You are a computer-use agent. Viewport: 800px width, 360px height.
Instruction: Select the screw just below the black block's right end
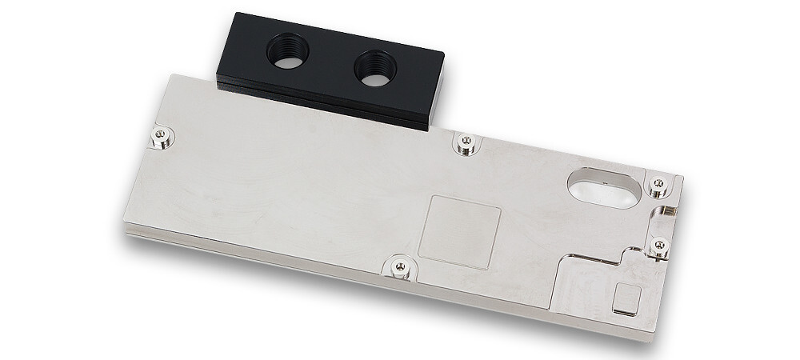[x=464, y=142]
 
